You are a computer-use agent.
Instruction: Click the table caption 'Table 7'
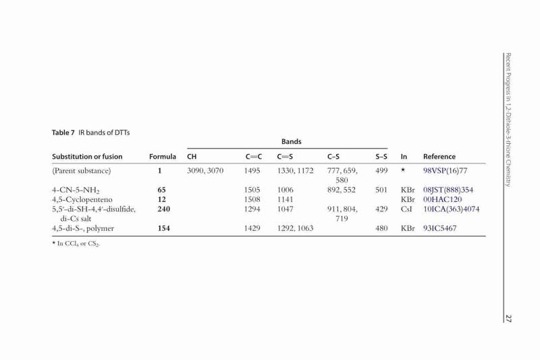tap(63, 132)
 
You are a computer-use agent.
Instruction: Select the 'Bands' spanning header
tap(292, 142)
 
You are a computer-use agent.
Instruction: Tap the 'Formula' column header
tap(163, 157)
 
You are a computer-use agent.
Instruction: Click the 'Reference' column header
tap(439, 157)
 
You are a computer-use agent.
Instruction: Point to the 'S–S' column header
tap(381, 157)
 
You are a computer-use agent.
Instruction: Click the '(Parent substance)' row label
tap(81, 171)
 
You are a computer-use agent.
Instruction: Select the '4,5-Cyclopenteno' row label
tap(82, 200)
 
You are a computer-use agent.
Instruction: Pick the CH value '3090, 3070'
tap(205, 171)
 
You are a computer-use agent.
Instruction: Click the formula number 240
tap(163, 209)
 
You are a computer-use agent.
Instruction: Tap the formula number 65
tap(161, 190)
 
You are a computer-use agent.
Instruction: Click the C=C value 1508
tap(252, 199)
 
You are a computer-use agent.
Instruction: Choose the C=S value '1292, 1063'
tap(295, 228)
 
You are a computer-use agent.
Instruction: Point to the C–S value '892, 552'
tap(342, 190)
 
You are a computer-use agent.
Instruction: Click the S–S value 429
tap(381, 209)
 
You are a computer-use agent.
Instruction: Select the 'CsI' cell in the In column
tap(406, 209)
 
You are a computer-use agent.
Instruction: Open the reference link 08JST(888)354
tap(448, 190)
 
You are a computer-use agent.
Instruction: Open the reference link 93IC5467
tap(440, 228)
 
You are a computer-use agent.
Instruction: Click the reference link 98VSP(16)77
tap(446, 171)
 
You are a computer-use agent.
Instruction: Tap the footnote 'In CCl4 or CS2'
tap(78, 244)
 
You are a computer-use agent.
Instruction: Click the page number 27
tap(508, 318)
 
